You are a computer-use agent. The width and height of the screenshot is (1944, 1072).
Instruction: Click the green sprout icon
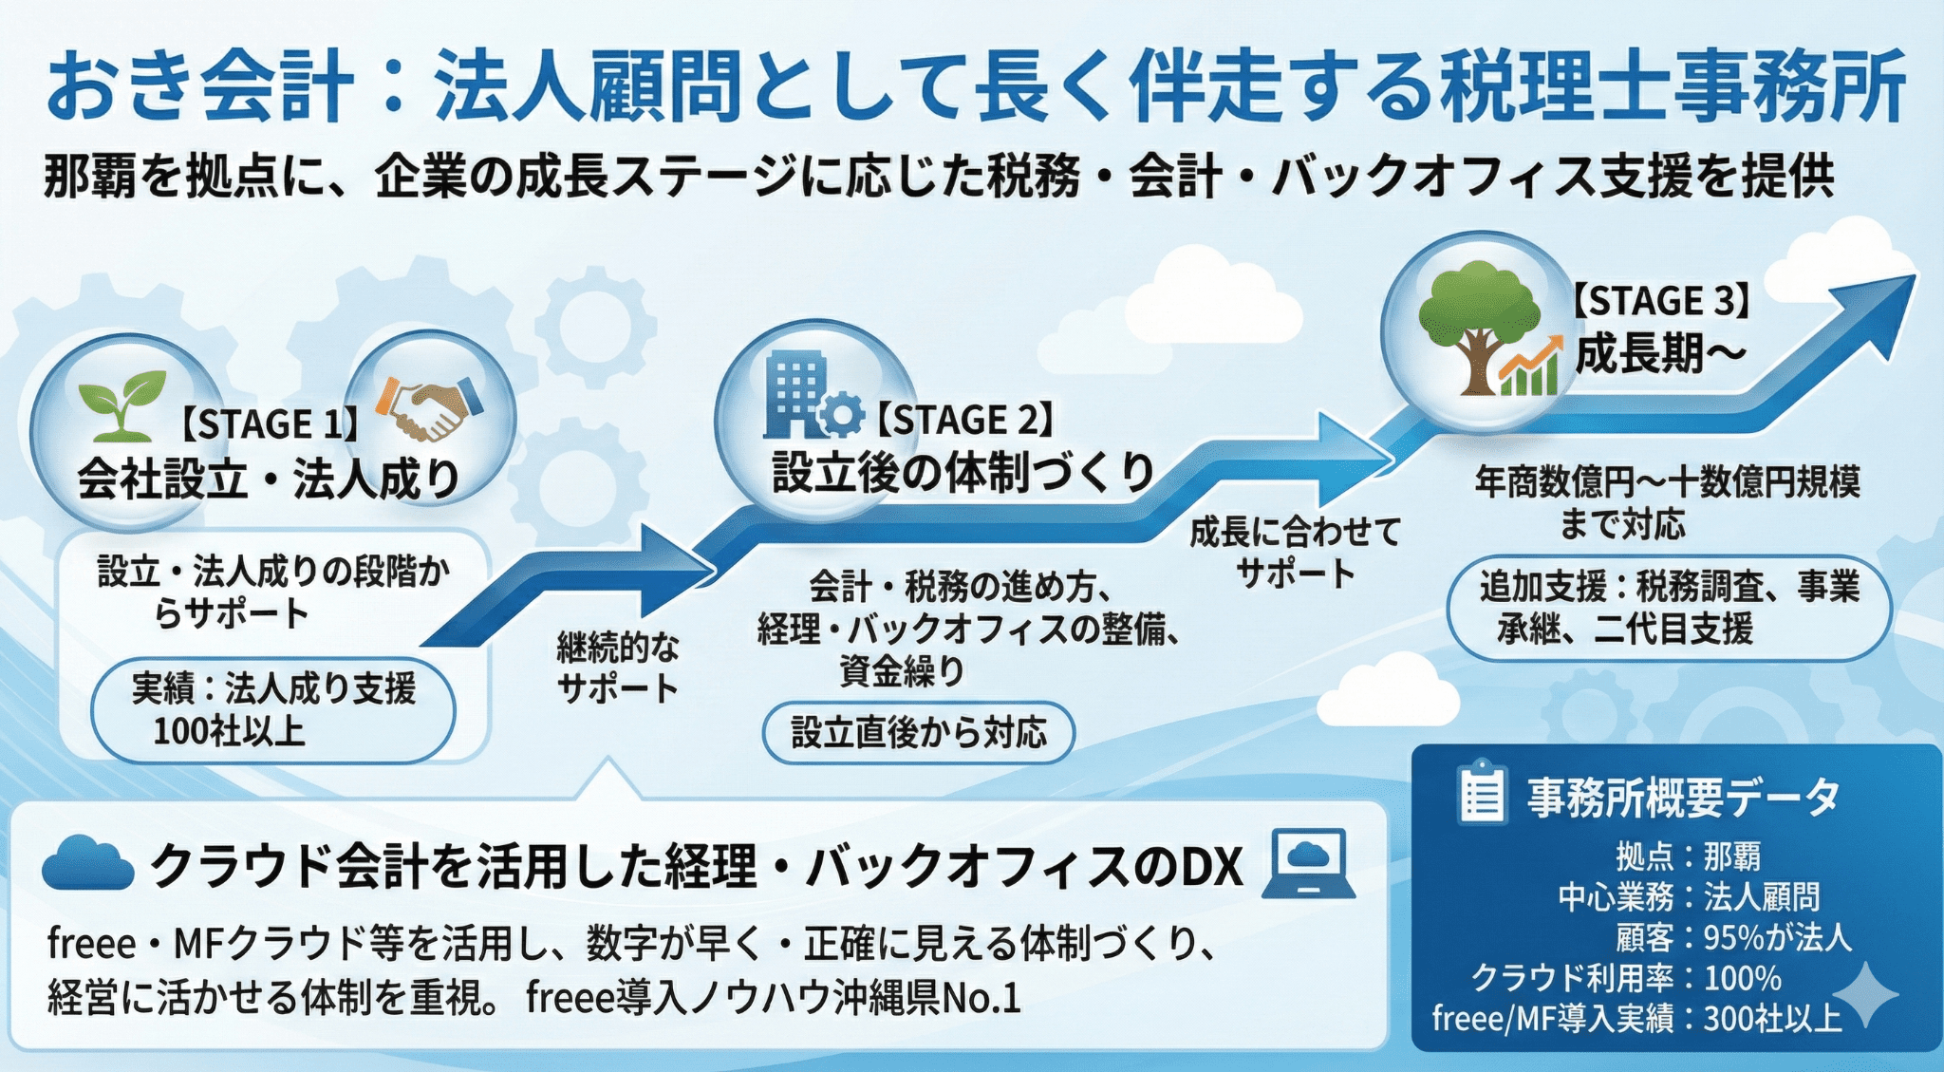pos(121,406)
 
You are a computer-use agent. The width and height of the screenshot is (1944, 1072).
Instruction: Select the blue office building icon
pos(800,396)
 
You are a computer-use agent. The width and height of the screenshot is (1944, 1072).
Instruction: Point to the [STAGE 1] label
pos(270,424)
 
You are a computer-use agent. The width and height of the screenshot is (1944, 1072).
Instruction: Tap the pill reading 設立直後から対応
pos(918,732)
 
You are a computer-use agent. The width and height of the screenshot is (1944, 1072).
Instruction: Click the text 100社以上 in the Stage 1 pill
pos(229,731)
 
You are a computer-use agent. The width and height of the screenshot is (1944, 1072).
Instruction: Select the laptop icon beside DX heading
pos(1309,864)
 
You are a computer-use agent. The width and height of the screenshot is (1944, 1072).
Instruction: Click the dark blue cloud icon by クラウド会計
pos(87,864)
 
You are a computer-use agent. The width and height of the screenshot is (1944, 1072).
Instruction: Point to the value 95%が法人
pos(1777,938)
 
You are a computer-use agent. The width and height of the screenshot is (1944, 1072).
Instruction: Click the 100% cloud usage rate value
pos(1743,978)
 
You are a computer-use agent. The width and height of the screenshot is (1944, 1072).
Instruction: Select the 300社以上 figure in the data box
pos(1771,1019)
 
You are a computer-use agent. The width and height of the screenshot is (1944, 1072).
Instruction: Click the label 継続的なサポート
pos(618,668)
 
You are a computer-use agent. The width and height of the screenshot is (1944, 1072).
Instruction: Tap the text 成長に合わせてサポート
pos(1295,553)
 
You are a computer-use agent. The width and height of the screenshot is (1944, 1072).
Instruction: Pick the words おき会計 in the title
pos(199,87)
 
